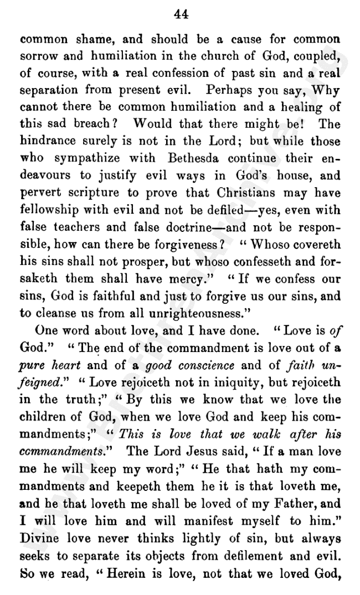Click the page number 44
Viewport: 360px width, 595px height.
click(x=181, y=15)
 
